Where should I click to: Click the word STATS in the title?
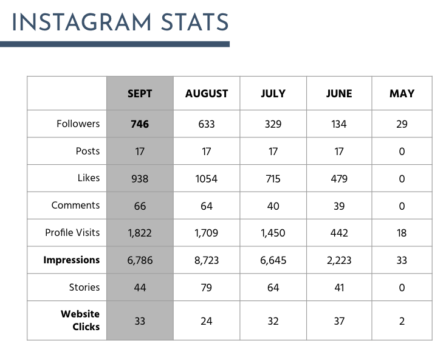click(191, 22)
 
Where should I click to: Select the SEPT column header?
click(140, 94)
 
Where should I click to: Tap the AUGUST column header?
click(207, 94)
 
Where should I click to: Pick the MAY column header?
click(402, 94)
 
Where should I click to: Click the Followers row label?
click(78, 123)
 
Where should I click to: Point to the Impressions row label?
click(71, 260)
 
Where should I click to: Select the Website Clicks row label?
click(80, 320)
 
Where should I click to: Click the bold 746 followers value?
click(140, 124)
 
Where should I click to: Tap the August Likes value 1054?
click(207, 179)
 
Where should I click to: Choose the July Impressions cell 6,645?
click(273, 260)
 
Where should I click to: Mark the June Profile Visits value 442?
click(339, 233)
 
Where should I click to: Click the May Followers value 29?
click(402, 124)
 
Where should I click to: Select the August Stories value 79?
click(207, 288)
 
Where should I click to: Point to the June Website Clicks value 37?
click(339, 321)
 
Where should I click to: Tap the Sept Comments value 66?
click(140, 206)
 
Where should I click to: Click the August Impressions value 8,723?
click(207, 260)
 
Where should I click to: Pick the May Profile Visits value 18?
click(402, 233)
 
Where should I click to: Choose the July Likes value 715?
click(273, 179)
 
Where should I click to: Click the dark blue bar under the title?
click(115, 44)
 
